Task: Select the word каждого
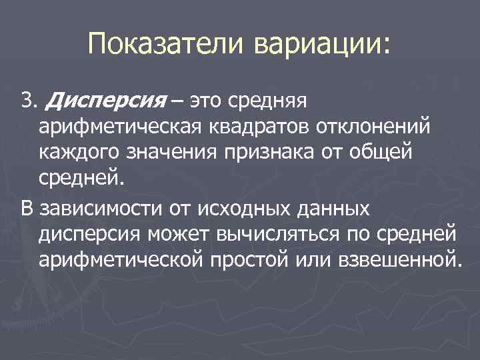(80, 153)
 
